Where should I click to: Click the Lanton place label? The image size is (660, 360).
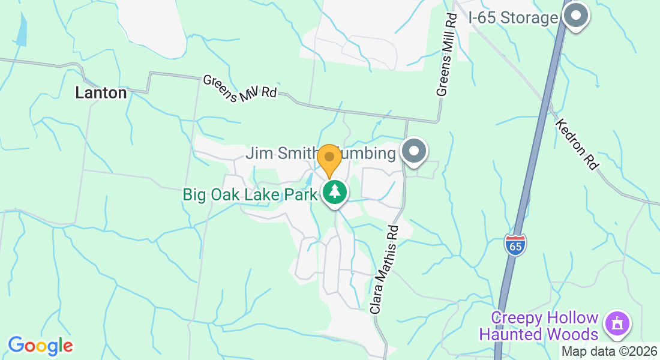pos(101,93)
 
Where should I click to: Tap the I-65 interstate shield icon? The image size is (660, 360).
pos(515,245)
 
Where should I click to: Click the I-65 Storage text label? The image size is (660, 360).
pos(514,18)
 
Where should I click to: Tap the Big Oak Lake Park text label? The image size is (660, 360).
pos(250,194)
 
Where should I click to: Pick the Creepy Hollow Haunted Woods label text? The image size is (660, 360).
pos(545,326)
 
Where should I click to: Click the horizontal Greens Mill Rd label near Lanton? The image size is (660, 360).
pos(239,89)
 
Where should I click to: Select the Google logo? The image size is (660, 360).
pos(40,346)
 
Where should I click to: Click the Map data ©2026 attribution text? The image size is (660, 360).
pos(609,352)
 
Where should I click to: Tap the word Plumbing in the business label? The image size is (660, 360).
pos(369,154)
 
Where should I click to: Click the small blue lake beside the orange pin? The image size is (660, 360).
pos(309,179)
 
